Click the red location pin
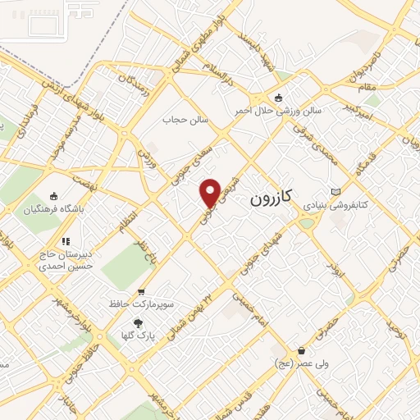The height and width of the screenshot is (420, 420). click(211, 193)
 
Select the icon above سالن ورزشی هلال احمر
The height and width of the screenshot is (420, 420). click(278, 98)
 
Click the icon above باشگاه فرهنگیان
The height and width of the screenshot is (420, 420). click(54, 196)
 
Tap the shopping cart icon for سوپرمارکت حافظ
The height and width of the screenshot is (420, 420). click(141, 290)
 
